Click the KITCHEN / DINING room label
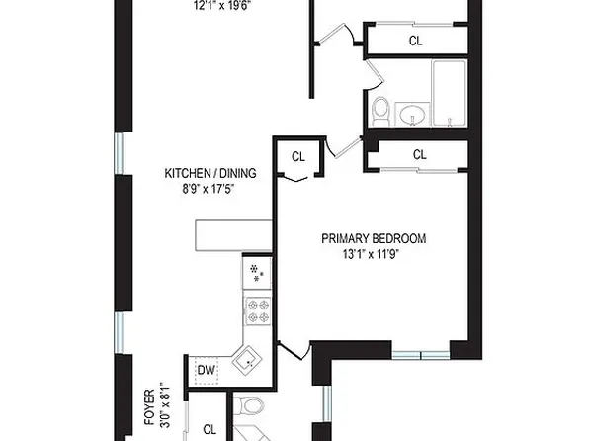tap(210, 174)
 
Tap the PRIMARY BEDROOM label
tap(374, 238)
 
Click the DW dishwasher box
tap(206, 371)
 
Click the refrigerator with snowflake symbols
tap(257, 272)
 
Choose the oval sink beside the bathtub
tap(411, 115)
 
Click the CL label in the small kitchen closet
tap(297, 156)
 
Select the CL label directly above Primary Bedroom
tap(419, 155)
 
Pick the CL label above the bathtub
tap(416, 41)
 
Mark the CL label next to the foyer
tap(210, 428)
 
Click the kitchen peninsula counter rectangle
tap(234, 233)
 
